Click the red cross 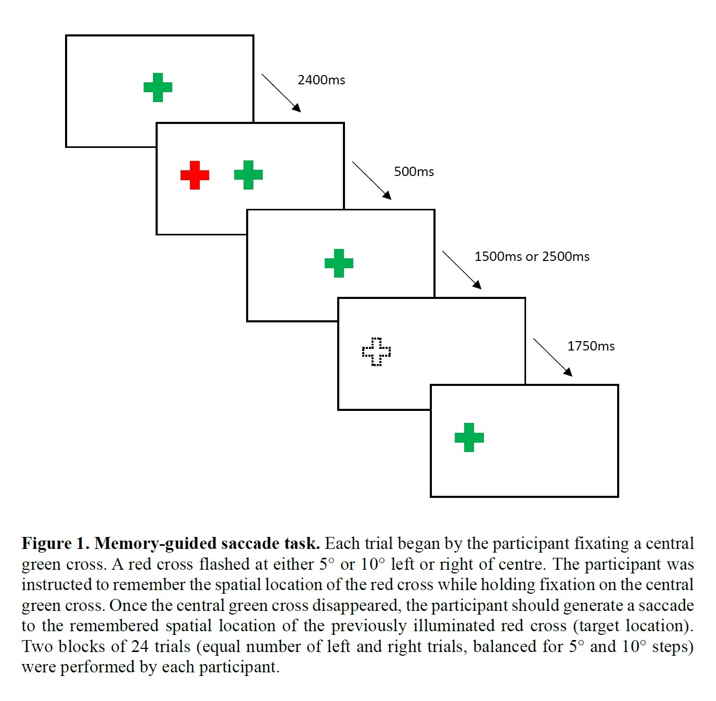[195, 175]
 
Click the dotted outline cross [376, 352]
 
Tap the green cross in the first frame [158, 87]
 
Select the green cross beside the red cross [248, 175]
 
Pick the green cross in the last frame [469, 437]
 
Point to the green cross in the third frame [339, 263]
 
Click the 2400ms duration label [321, 80]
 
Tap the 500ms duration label [414, 172]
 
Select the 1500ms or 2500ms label [532, 257]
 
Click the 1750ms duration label [591, 346]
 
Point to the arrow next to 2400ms [281, 93]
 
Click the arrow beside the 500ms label [372, 180]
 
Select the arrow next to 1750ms [553, 357]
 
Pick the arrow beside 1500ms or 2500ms [462, 270]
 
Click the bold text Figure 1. [55, 544]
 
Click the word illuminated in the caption [452, 626]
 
